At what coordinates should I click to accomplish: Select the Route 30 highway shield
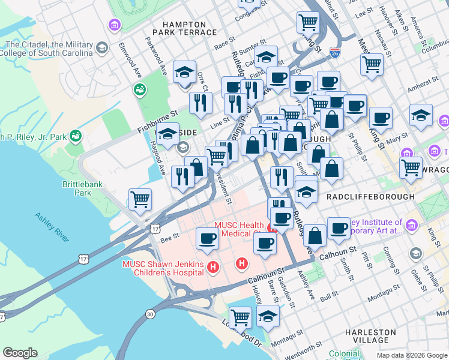[149, 313]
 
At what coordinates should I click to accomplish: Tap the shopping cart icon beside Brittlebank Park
[140, 198]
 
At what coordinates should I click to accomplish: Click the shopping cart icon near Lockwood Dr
[240, 316]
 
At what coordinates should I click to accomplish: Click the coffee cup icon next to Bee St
[208, 238]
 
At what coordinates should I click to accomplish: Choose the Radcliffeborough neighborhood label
[370, 197]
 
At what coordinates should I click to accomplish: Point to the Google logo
[20, 353]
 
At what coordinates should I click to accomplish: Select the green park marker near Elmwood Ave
[140, 90]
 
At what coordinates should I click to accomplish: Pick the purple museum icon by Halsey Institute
[411, 226]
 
